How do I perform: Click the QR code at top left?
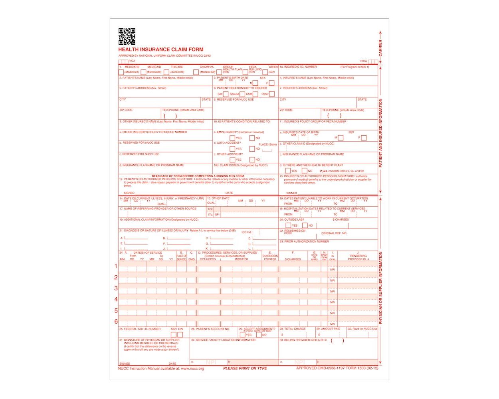[x=127, y=36]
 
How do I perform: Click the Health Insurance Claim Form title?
[x=161, y=49]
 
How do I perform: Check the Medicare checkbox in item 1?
[x=121, y=72]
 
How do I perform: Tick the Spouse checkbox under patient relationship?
[x=242, y=94]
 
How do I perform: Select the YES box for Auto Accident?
[x=232, y=149]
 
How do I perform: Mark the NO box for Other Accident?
[x=252, y=160]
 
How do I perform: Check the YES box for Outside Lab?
[x=288, y=225]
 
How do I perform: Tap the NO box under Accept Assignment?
[x=259, y=335]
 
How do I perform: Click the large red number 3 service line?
[x=116, y=288]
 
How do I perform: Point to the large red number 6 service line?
[x=116, y=321]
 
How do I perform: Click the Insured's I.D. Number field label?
[x=300, y=67]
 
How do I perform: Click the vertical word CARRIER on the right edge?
[x=380, y=48]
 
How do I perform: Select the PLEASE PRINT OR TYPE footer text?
[x=245, y=368]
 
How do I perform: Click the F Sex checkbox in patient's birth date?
[x=271, y=83]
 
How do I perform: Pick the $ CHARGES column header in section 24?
[x=293, y=259]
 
